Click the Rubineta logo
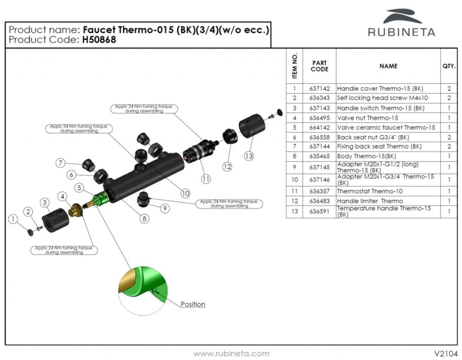point(401,23)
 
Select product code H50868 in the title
point(99,40)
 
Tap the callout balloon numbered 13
point(249,156)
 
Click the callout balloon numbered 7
point(61,163)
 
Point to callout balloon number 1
point(14,219)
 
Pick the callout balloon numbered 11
point(206,179)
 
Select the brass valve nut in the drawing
point(75,209)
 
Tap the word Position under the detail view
point(193,305)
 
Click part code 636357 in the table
point(319,191)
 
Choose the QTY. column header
point(448,66)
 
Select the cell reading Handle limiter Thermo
point(370,201)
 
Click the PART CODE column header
point(319,66)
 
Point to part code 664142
point(319,128)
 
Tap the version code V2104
point(446,353)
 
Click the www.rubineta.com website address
point(231,354)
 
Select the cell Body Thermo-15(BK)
point(366,156)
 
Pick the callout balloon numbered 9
point(165,208)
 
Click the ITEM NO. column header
point(295,66)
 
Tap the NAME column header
point(388,66)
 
